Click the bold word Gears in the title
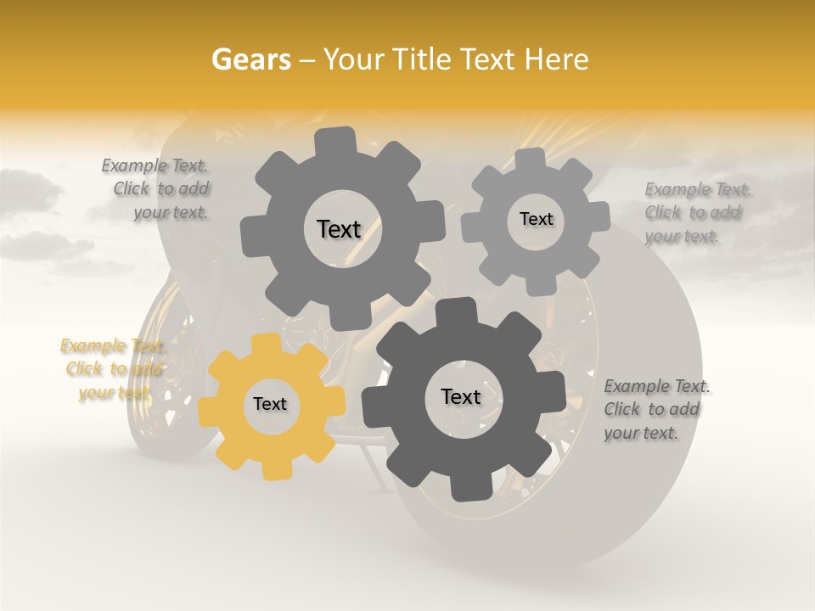point(251,59)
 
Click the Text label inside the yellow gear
point(270,404)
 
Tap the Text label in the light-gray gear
point(536,219)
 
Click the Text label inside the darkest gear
point(461,396)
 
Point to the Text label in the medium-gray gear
point(339,228)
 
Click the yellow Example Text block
point(111,369)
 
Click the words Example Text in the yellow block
point(111,346)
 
